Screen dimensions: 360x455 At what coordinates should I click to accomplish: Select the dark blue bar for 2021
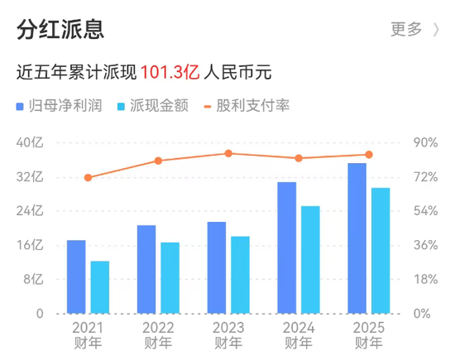coord(76,276)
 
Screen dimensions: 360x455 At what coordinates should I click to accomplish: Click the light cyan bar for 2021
coord(100,287)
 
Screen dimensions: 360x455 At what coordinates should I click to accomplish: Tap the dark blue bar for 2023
coord(217,267)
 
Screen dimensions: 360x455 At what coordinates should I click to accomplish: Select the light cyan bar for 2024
coord(310,259)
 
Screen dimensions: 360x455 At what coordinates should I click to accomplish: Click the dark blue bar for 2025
coord(357,238)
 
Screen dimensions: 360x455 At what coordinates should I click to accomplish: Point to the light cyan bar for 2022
coord(170,277)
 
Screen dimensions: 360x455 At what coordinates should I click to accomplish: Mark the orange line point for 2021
coord(88,177)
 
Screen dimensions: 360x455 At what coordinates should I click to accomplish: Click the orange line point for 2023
coord(228,153)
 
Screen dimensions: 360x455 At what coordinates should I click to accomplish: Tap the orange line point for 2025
coord(369,155)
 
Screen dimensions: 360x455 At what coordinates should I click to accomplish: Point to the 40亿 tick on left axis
coord(29,142)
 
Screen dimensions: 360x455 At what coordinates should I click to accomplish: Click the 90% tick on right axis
coord(425,142)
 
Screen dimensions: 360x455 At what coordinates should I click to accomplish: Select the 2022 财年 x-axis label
coord(158,334)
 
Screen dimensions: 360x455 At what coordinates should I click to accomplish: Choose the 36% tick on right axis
coord(425,245)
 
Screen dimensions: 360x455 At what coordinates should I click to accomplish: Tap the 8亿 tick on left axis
coord(32,279)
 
